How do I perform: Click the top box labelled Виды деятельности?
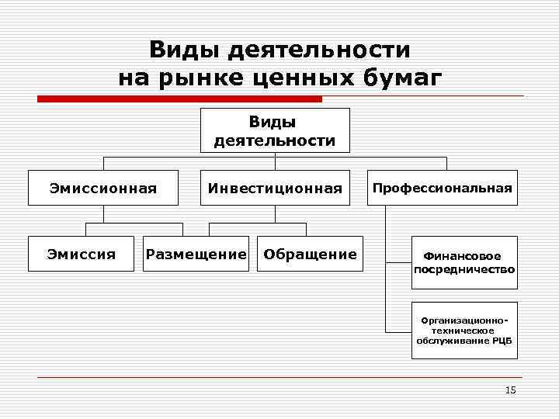pos(275,130)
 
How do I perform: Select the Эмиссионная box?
pos(102,188)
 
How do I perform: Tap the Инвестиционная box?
pos(275,189)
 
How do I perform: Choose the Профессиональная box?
pos(442,188)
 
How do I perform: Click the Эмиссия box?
pos(82,254)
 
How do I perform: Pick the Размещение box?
pos(196,254)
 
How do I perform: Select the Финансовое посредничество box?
pos(464,262)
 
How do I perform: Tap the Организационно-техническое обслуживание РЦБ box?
pos(464,330)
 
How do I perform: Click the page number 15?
pos(510,390)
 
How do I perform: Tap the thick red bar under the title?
pos(180,99)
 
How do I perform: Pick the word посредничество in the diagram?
pos(464,270)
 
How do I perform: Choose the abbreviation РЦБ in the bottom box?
pos(502,340)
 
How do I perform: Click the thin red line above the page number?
pos(279,378)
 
